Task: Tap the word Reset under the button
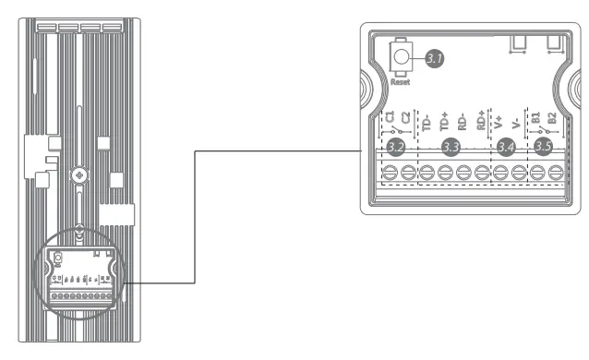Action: (399, 82)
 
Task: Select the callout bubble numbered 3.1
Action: (435, 59)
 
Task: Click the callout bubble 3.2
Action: (397, 147)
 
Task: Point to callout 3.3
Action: (451, 147)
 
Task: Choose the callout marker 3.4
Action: (506, 147)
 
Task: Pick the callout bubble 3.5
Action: (545, 147)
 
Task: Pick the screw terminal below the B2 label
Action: (555, 173)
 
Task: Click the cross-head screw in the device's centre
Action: (80, 174)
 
